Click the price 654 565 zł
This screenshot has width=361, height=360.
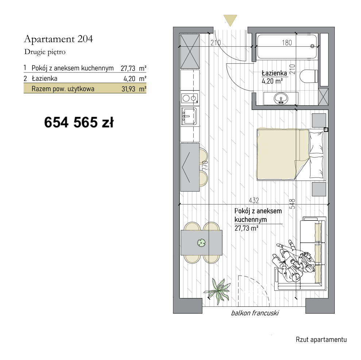(79, 122)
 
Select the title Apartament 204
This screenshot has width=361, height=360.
(58, 39)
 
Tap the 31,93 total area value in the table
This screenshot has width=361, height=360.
(128, 89)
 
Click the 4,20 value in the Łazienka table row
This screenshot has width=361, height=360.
(129, 79)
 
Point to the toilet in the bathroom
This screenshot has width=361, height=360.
(309, 76)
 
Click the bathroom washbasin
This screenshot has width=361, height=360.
(281, 98)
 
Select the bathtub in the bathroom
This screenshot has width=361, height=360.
(287, 47)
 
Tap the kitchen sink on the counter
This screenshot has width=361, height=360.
(189, 116)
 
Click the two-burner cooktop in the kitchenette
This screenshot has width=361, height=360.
(190, 98)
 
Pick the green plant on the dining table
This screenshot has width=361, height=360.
(201, 242)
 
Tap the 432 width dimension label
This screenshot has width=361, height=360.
(254, 201)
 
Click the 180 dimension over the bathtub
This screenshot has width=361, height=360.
(287, 43)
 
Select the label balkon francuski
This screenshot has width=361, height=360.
(255, 313)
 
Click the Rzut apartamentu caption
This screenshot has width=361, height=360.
(321, 340)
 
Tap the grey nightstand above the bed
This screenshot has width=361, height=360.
(319, 120)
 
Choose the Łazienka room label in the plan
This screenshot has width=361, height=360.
(274, 73)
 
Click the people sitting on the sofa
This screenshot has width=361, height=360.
(292, 261)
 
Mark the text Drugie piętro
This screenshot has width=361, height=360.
(45, 52)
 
